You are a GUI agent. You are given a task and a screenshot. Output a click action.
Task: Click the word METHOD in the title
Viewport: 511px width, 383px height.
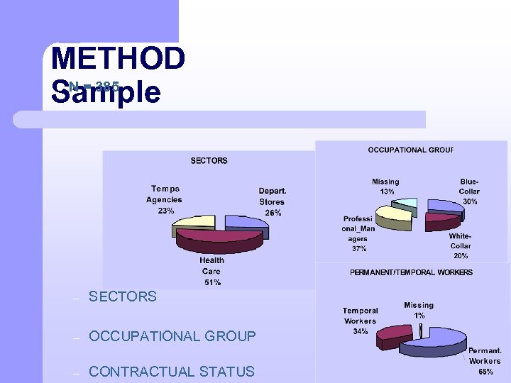(118, 58)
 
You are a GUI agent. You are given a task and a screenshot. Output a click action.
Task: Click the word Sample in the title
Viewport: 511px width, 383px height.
(106, 93)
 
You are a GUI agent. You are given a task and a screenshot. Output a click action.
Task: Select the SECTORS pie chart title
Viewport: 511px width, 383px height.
(209, 161)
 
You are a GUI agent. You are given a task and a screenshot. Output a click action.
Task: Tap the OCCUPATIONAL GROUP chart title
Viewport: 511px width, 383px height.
(410, 150)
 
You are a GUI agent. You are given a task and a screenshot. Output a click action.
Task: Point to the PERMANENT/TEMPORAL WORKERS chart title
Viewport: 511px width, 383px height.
(411, 272)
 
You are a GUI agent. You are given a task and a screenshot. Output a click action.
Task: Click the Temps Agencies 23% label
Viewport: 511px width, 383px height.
(164, 199)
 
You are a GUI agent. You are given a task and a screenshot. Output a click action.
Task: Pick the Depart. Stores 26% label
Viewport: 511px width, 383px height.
(272, 201)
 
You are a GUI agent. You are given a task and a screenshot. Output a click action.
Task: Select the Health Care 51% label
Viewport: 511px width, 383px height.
(211, 272)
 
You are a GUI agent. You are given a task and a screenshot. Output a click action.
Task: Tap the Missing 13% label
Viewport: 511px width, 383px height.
(385, 187)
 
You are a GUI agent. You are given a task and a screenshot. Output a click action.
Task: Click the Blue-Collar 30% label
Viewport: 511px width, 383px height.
(469, 191)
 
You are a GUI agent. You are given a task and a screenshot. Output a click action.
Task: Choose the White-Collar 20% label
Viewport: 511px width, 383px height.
(460, 245)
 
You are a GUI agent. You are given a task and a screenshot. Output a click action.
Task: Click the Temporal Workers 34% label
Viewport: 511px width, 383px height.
(360, 321)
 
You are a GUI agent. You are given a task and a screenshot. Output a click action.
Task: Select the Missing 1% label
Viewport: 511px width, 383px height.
(419, 310)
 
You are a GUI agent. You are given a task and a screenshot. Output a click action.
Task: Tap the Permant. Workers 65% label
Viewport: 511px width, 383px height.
(485, 361)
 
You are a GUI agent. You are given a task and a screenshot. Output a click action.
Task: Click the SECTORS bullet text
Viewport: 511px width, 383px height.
(122, 297)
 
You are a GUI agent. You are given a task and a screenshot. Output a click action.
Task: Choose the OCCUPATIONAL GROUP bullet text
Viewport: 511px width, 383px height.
(172, 336)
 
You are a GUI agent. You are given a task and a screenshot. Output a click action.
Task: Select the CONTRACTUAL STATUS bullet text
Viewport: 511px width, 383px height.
(171, 372)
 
